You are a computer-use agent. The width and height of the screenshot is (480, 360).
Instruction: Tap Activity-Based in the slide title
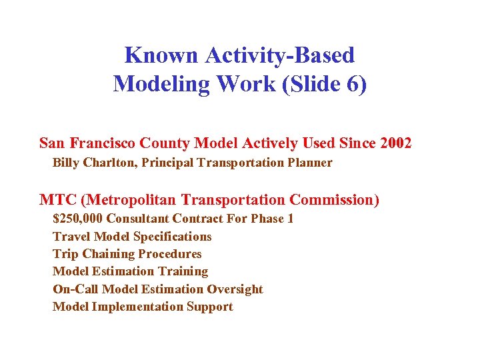click(x=279, y=55)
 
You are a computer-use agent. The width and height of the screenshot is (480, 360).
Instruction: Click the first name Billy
click(x=66, y=163)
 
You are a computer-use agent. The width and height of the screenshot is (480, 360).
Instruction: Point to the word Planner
click(x=309, y=163)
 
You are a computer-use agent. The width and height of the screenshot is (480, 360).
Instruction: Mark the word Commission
click(x=334, y=200)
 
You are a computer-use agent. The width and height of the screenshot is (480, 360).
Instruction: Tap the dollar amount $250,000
click(x=78, y=219)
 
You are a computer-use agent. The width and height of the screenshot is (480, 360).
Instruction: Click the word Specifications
click(x=173, y=237)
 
